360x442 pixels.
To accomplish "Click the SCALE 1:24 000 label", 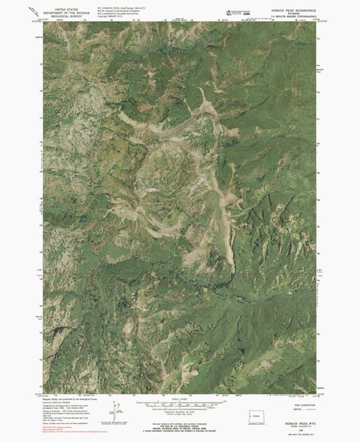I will tap(180, 399).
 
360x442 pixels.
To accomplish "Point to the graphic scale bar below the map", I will tap(180, 404).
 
